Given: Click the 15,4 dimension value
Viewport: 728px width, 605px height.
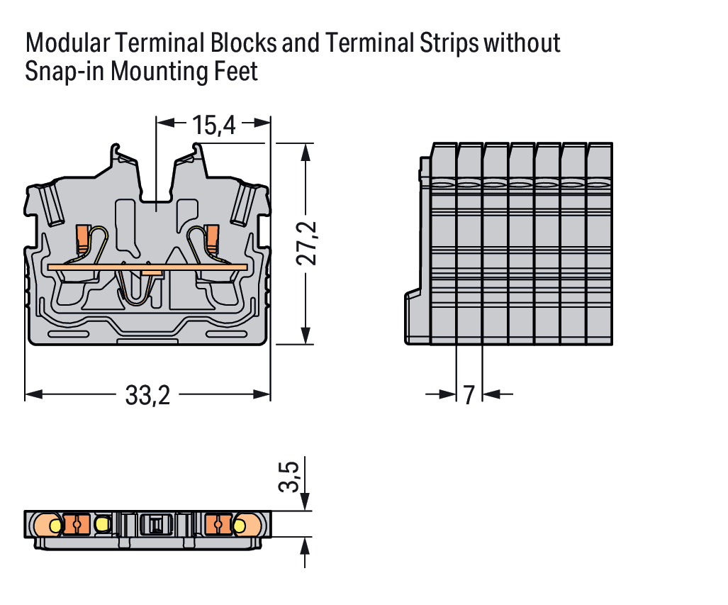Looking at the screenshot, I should (x=213, y=126).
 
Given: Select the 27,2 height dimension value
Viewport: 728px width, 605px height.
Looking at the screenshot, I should (x=306, y=243).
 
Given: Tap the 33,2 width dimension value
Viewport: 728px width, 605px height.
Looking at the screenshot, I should (x=147, y=395).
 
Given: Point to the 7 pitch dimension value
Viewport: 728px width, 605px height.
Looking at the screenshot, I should (x=469, y=395).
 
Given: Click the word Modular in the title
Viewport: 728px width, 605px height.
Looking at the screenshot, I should (x=67, y=43).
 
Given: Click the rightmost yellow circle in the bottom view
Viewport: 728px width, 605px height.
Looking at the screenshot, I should (x=239, y=526).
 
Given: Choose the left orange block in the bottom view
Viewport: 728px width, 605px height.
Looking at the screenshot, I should (x=75, y=524).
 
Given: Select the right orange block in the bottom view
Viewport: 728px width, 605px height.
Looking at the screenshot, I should (x=217, y=524).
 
